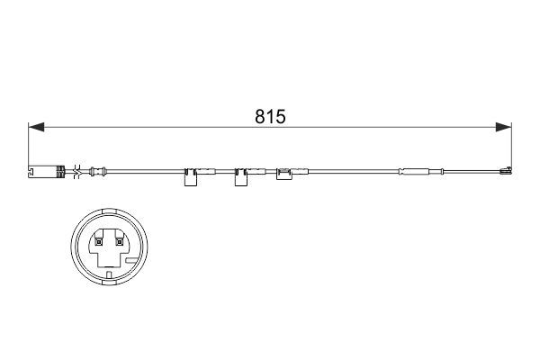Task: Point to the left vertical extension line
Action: [29, 144]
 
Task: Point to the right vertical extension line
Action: [510, 144]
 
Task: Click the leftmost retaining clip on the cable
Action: [191, 177]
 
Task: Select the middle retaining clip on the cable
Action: [241, 177]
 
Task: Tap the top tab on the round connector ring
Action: [107, 213]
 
